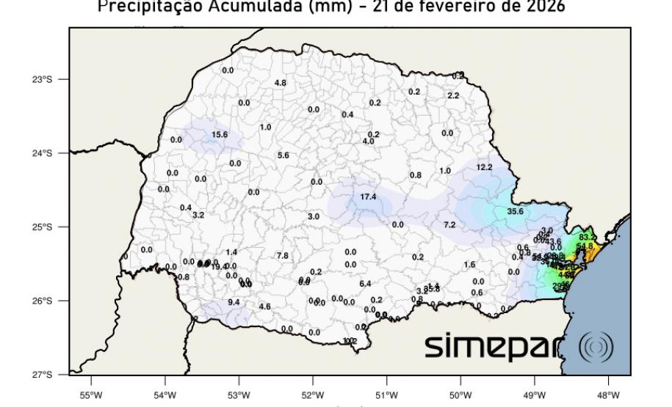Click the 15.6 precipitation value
220,135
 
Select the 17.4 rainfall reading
368,197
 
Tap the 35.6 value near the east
516,211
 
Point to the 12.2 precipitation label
485,167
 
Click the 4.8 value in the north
281,83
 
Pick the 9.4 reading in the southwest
234,302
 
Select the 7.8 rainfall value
283,255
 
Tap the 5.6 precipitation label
283,155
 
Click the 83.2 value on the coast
588,238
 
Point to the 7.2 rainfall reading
449,224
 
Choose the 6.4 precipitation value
365,284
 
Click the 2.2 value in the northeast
453,96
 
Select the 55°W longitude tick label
91,389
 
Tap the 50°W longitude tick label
460,389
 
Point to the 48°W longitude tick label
609,389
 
